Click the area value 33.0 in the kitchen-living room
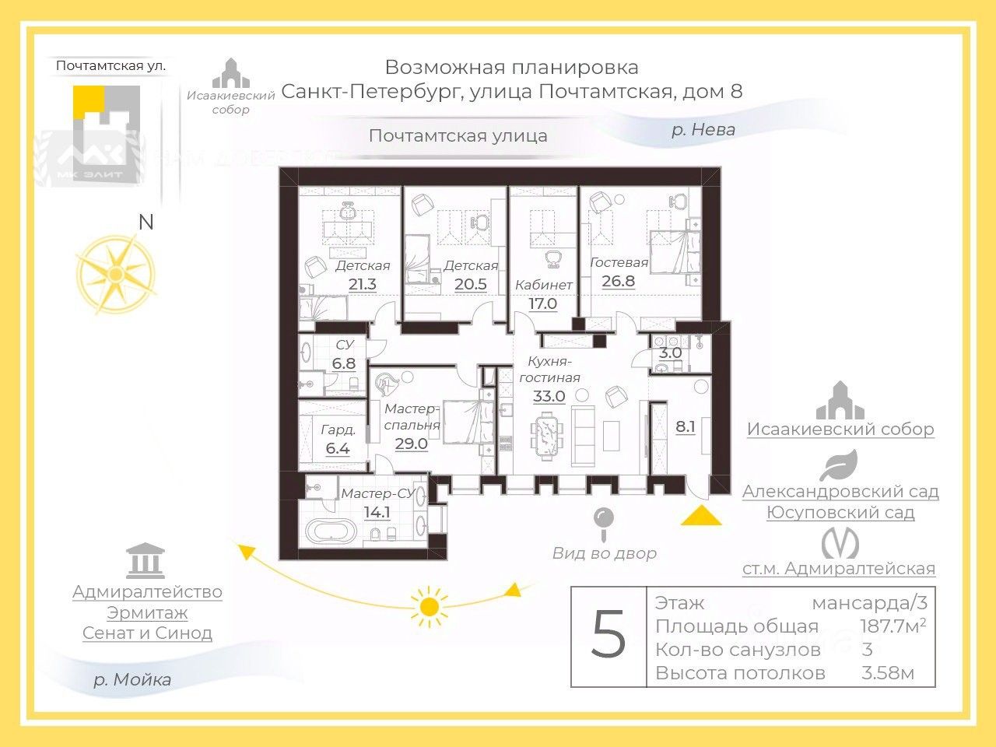click(549, 396)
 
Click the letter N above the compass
click(146, 223)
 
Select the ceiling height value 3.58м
click(887, 673)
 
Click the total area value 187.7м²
click(893, 626)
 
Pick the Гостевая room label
click(619, 262)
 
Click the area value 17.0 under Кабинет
click(542, 303)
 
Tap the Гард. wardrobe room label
click(338, 430)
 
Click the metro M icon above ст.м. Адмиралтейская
click(840, 542)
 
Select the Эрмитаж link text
click(147, 612)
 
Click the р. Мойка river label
click(132, 679)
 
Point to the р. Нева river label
click(703, 130)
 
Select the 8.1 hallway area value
click(685, 426)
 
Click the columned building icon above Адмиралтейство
click(146, 560)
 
